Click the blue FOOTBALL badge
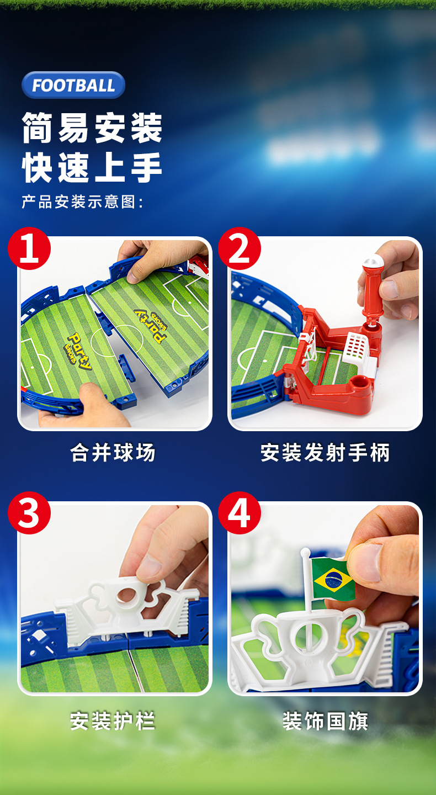pyautogui.click(x=73, y=85)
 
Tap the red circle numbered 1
pyautogui.click(x=29, y=248)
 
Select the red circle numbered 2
pyautogui.click(x=240, y=248)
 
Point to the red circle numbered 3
pyautogui.click(x=29, y=513)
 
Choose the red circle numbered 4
pyautogui.click(x=240, y=513)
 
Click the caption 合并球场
pyautogui.click(x=113, y=453)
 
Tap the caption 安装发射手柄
pyautogui.click(x=325, y=453)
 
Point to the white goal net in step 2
pyautogui.click(x=357, y=348)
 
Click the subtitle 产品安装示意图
pyautogui.click(x=82, y=202)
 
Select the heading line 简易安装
pyautogui.click(x=92, y=128)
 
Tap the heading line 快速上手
pyautogui.click(x=92, y=167)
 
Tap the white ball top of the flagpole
pyautogui.click(x=305, y=552)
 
